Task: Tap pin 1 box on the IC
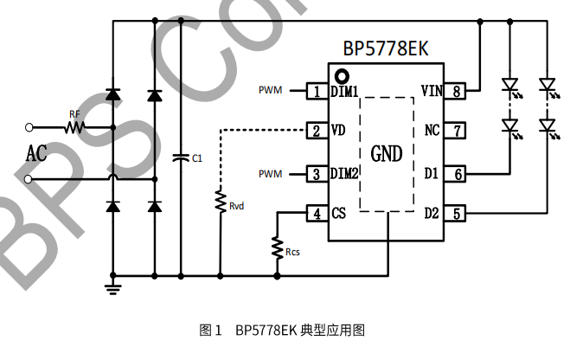click(317, 90)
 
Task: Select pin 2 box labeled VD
click(317, 131)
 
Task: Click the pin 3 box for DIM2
click(317, 173)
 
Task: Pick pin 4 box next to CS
click(317, 214)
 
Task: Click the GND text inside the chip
click(387, 154)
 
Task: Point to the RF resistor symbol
click(75, 128)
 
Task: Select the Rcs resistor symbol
click(277, 247)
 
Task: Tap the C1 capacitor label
click(196, 158)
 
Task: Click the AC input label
click(35, 154)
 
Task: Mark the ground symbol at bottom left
click(112, 287)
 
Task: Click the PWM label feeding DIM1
click(271, 90)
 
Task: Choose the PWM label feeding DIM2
click(271, 173)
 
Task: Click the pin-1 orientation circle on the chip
click(343, 74)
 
